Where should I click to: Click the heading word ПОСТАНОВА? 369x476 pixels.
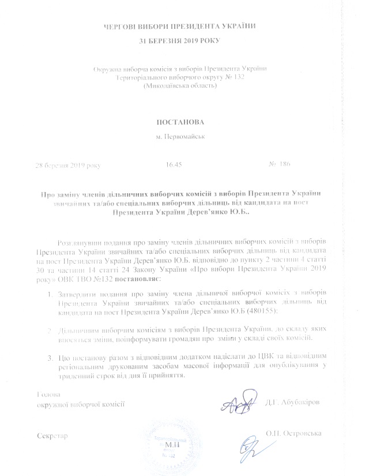pos(179,122)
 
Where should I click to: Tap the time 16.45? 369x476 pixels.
pos(174,164)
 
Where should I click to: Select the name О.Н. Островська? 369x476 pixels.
pos(293,433)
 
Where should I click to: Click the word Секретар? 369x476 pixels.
pos(52,436)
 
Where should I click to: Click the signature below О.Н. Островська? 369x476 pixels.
pos(249,447)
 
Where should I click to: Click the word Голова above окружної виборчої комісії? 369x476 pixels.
pos(48,396)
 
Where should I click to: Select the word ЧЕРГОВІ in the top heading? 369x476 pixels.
pos(120,27)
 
